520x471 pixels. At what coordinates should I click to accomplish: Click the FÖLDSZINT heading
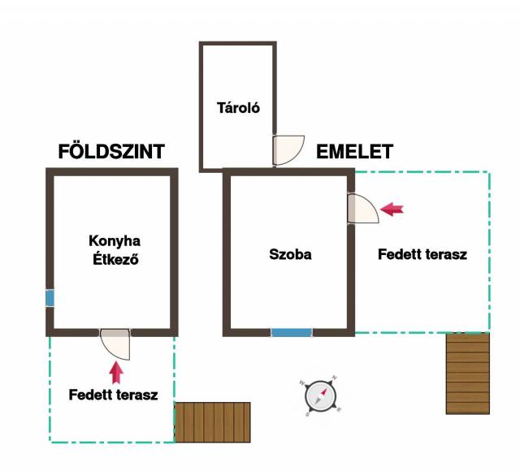[x=111, y=152]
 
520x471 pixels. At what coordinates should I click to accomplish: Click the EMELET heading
[x=354, y=152]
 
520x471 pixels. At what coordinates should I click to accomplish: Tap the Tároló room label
[x=238, y=108]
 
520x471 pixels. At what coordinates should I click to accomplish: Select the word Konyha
[x=115, y=241]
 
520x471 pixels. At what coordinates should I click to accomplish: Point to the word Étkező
[x=115, y=259]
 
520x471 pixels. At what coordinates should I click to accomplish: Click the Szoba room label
[x=290, y=254]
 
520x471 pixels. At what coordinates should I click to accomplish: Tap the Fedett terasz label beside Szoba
[x=422, y=254]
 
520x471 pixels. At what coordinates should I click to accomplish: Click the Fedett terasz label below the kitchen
[x=113, y=395]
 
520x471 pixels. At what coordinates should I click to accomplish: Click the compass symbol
[x=320, y=396]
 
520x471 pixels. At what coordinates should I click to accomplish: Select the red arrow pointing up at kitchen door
[x=116, y=373]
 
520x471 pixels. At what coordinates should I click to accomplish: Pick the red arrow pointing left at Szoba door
[x=392, y=209]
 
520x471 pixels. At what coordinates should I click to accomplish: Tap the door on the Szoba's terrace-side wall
[x=363, y=208]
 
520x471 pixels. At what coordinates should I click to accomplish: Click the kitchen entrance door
[x=115, y=344]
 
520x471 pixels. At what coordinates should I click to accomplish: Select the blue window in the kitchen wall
[x=50, y=298]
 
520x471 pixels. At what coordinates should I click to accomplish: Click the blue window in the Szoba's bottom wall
[x=292, y=332]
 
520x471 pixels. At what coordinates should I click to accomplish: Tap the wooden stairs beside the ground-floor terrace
[x=213, y=422]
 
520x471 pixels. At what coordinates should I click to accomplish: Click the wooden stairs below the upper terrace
[x=468, y=374]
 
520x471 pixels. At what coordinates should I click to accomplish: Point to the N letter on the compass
[x=335, y=378]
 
